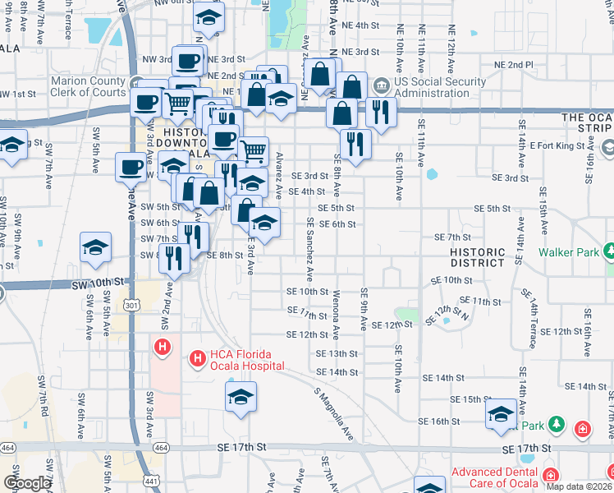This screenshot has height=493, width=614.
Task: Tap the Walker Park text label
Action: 569,252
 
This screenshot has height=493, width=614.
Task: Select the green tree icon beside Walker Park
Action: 609,250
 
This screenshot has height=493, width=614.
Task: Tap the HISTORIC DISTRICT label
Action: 477,257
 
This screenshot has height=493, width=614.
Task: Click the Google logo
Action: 27,483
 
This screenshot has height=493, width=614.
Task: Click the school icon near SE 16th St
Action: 500,415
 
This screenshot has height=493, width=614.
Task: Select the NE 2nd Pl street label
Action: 514,65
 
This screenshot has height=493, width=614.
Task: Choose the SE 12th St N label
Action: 456,311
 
